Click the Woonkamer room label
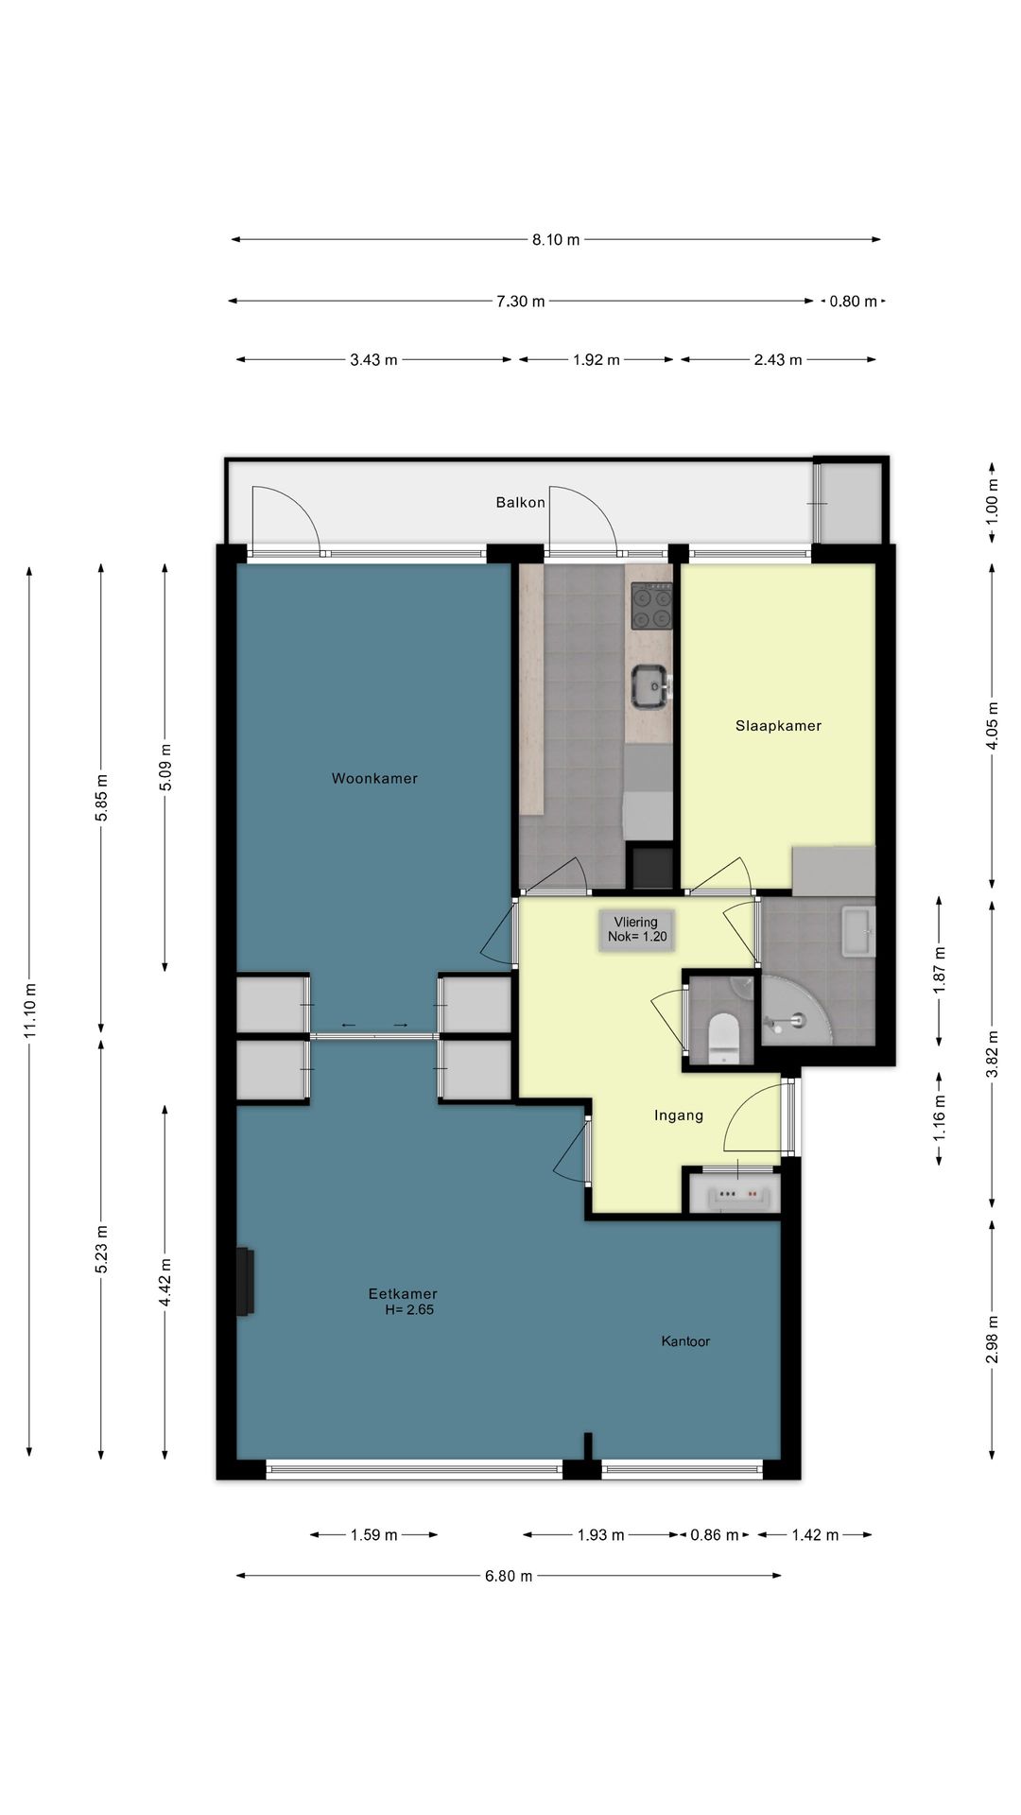(x=374, y=779)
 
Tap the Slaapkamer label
(x=778, y=726)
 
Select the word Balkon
(x=520, y=502)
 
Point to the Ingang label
(x=679, y=1115)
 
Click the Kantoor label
(x=685, y=1341)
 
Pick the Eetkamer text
(x=403, y=1294)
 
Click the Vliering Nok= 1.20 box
(x=636, y=929)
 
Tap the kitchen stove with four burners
(x=652, y=607)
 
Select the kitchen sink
(x=650, y=686)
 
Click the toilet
(x=722, y=1034)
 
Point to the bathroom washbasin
(x=858, y=933)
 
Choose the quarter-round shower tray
(x=796, y=1010)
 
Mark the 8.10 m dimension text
(x=556, y=240)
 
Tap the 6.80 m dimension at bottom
(x=509, y=1576)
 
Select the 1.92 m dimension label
(x=597, y=360)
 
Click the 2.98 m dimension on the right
(x=992, y=1340)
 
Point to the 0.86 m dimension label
(x=715, y=1535)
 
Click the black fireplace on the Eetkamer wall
(x=245, y=1281)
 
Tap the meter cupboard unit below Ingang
(x=734, y=1193)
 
